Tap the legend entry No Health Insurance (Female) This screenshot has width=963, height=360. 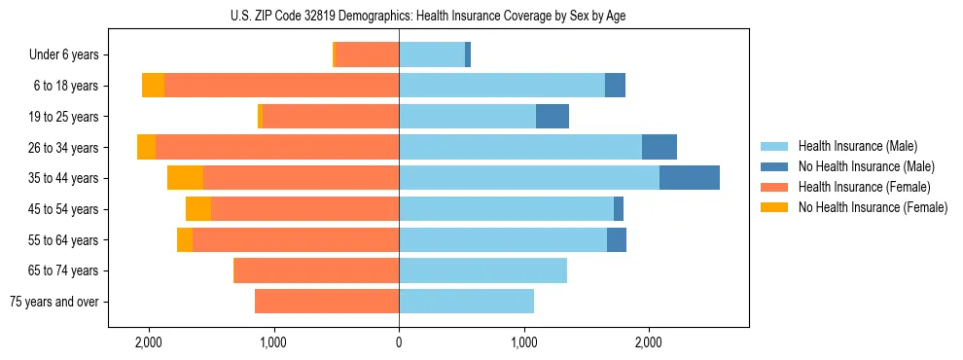tap(873, 207)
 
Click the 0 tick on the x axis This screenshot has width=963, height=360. tap(399, 342)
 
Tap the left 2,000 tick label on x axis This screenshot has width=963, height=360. tap(148, 342)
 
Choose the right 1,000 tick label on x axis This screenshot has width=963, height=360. tap(523, 342)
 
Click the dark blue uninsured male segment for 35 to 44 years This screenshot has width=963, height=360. tap(689, 178)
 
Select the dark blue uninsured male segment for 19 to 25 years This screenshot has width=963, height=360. tap(552, 117)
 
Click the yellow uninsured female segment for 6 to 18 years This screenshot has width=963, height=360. tap(153, 86)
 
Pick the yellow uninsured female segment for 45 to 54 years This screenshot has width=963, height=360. tap(197, 209)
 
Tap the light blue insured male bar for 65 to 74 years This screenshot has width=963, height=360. tap(482, 270)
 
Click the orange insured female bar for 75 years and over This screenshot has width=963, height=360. tap(327, 302)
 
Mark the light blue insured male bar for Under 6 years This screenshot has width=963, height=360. tap(432, 54)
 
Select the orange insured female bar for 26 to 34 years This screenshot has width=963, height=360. tap(277, 147)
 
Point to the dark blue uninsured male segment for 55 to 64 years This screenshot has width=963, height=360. tap(616, 239)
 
